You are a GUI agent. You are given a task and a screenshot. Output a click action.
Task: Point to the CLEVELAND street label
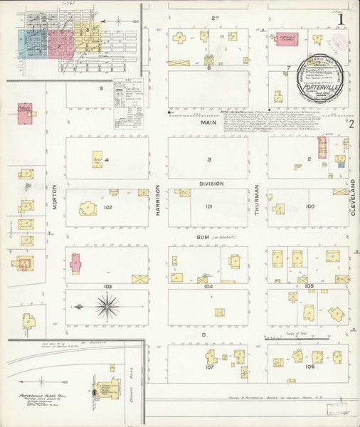click(352, 191)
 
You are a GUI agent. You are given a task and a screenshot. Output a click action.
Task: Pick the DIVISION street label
click(211, 184)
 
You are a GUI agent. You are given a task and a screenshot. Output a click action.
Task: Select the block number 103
click(107, 286)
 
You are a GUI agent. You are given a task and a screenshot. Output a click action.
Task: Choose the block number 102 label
click(107, 208)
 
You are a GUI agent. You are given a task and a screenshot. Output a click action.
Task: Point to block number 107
click(209, 368)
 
